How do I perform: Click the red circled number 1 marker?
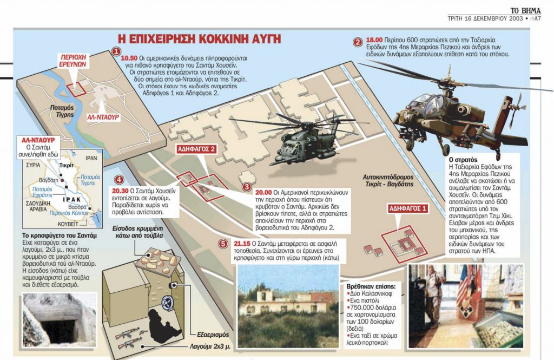(116, 51)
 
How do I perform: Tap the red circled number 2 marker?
(358, 42)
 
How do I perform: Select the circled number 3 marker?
(247, 187)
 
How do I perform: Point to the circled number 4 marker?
(120, 180)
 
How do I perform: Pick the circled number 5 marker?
(223, 244)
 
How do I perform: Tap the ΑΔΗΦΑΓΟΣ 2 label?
(196, 149)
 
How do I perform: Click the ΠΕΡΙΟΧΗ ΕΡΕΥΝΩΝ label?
(73, 61)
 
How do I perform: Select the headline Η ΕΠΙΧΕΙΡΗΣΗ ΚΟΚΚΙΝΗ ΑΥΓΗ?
(199, 38)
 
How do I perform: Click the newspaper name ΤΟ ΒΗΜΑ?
(525, 11)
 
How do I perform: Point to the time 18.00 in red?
(374, 40)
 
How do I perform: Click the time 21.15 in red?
(242, 244)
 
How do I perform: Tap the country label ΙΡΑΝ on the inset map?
(91, 158)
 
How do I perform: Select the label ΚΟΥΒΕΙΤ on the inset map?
(68, 224)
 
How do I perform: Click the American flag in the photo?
(463, 284)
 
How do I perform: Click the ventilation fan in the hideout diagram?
(168, 303)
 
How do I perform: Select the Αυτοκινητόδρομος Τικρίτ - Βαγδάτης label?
(388, 180)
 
